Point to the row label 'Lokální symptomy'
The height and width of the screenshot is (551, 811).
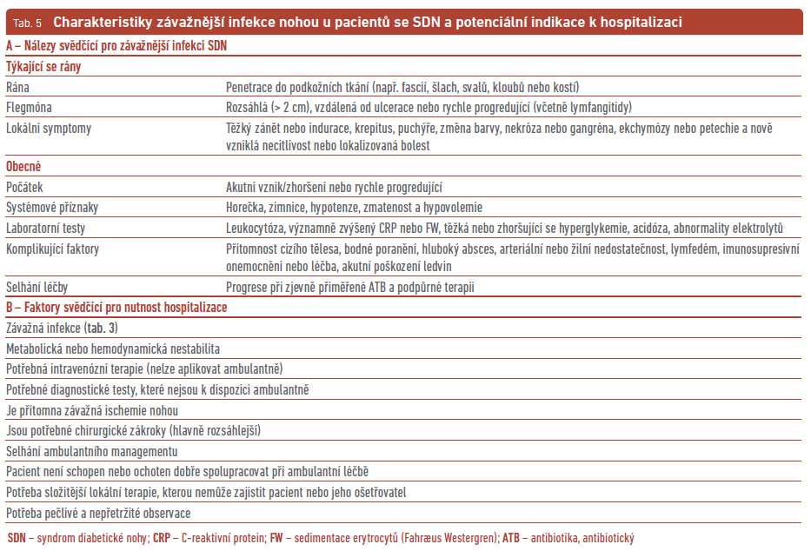[x=49, y=128]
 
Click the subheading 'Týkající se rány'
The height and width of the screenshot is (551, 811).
[x=44, y=66]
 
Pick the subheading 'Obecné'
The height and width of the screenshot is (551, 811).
[x=23, y=166]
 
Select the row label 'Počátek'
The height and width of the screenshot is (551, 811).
[x=24, y=187]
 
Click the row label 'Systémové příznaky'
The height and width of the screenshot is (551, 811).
[x=53, y=207]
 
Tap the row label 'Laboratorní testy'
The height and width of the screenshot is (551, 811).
[x=46, y=228]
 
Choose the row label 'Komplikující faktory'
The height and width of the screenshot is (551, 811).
[x=53, y=249]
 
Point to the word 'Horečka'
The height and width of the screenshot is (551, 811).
[x=246, y=207]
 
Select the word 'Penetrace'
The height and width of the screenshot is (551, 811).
[x=252, y=87]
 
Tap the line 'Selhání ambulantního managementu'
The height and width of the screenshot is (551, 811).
[x=92, y=451]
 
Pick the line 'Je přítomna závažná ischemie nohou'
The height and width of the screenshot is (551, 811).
[x=92, y=410]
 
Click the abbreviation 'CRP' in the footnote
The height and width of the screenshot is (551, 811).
[x=162, y=538]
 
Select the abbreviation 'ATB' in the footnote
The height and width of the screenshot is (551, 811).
[x=513, y=538]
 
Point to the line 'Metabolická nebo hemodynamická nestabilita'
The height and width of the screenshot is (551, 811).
[x=113, y=349]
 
